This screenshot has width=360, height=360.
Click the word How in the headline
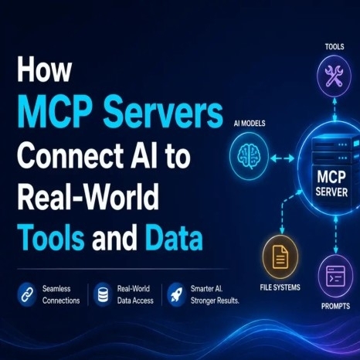point(44,70)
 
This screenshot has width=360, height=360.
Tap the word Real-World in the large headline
point(88,197)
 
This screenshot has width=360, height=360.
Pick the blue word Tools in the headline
point(52,237)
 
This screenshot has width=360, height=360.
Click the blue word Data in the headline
point(174,237)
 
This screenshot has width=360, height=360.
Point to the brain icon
point(249,156)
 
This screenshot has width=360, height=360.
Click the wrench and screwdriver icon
point(334,76)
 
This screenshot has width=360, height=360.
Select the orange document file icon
point(280,256)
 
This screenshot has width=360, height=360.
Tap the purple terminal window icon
point(335,277)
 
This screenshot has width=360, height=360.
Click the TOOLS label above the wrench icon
point(335,47)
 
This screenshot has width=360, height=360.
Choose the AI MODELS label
point(250,124)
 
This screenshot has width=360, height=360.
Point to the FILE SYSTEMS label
point(280,287)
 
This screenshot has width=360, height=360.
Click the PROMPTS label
point(335,306)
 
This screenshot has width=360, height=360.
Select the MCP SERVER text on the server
point(332,184)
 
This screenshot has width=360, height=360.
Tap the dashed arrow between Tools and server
point(335,110)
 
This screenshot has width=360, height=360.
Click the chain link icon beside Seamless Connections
point(27,295)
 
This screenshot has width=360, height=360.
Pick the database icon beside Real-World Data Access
point(103,295)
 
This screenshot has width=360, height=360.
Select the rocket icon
point(176,295)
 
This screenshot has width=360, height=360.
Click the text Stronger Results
point(215,301)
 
